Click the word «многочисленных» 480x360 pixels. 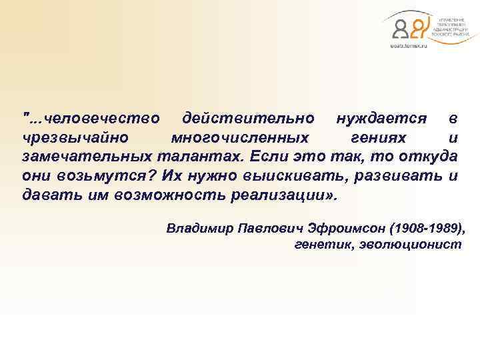pyautogui.click(x=240, y=138)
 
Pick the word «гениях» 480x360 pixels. pyautogui.click(x=377, y=138)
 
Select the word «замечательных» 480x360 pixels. pyautogui.click(x=87, y=158)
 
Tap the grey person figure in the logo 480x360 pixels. pyautogui.click(x=401, y=29)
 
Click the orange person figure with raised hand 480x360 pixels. pyautogui.click(x=417, y=27)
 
